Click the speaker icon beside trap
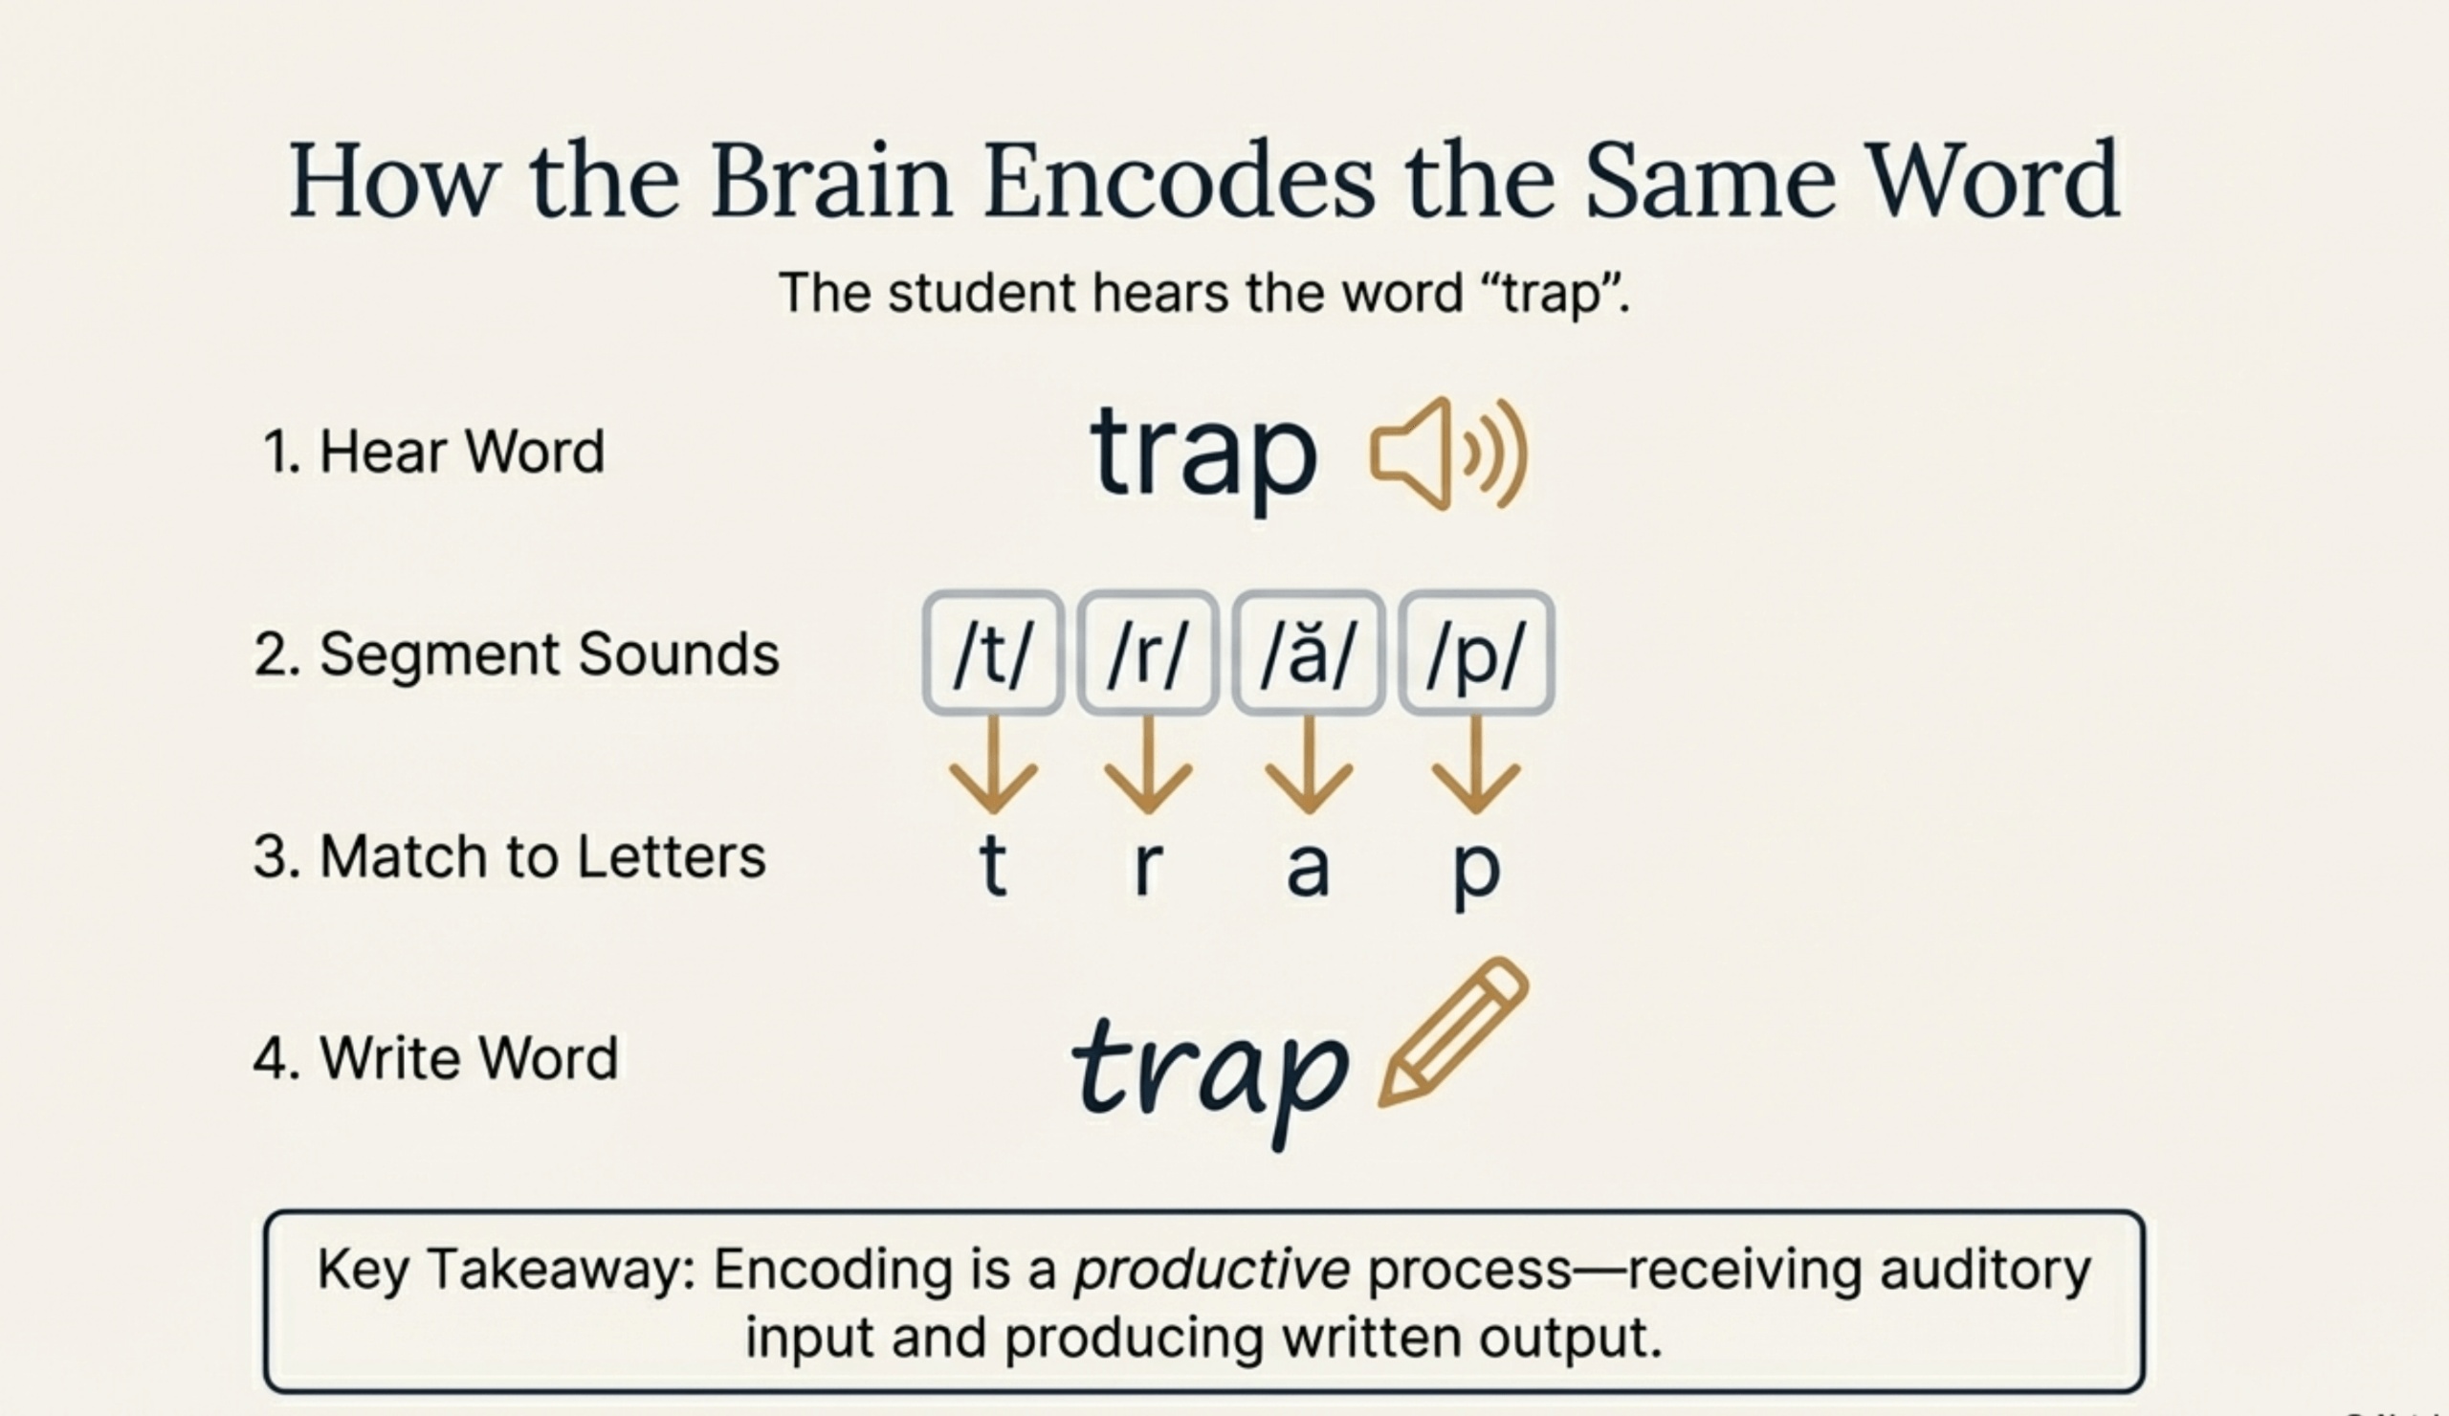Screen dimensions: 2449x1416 coord(1448,454)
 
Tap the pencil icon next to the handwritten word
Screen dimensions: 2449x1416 coord(1453,1032)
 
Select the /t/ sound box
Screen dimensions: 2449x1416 coord(992,653)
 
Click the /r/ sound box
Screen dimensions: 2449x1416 coord(1148,653)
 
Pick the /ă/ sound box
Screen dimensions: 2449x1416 coord(1308,653)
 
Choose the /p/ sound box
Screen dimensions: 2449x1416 coord(1476,653)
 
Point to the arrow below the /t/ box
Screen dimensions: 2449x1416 coord(993,764)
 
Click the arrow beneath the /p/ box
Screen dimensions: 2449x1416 coord(1476,764)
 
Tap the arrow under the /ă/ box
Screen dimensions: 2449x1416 coord(1309,764)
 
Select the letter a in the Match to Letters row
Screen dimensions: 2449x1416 coord(1308,869)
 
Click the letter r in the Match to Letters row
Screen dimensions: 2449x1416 coord(1148,867)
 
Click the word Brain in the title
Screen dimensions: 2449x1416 coord(831,181)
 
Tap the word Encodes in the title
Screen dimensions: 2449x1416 coord(1179,181)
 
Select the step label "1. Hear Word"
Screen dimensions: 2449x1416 coord(433,452)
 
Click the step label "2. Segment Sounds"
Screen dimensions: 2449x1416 coord(516,655)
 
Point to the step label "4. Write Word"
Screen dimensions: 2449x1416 coord(435,1058)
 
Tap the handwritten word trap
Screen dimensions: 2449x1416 coord(1211,1075)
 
